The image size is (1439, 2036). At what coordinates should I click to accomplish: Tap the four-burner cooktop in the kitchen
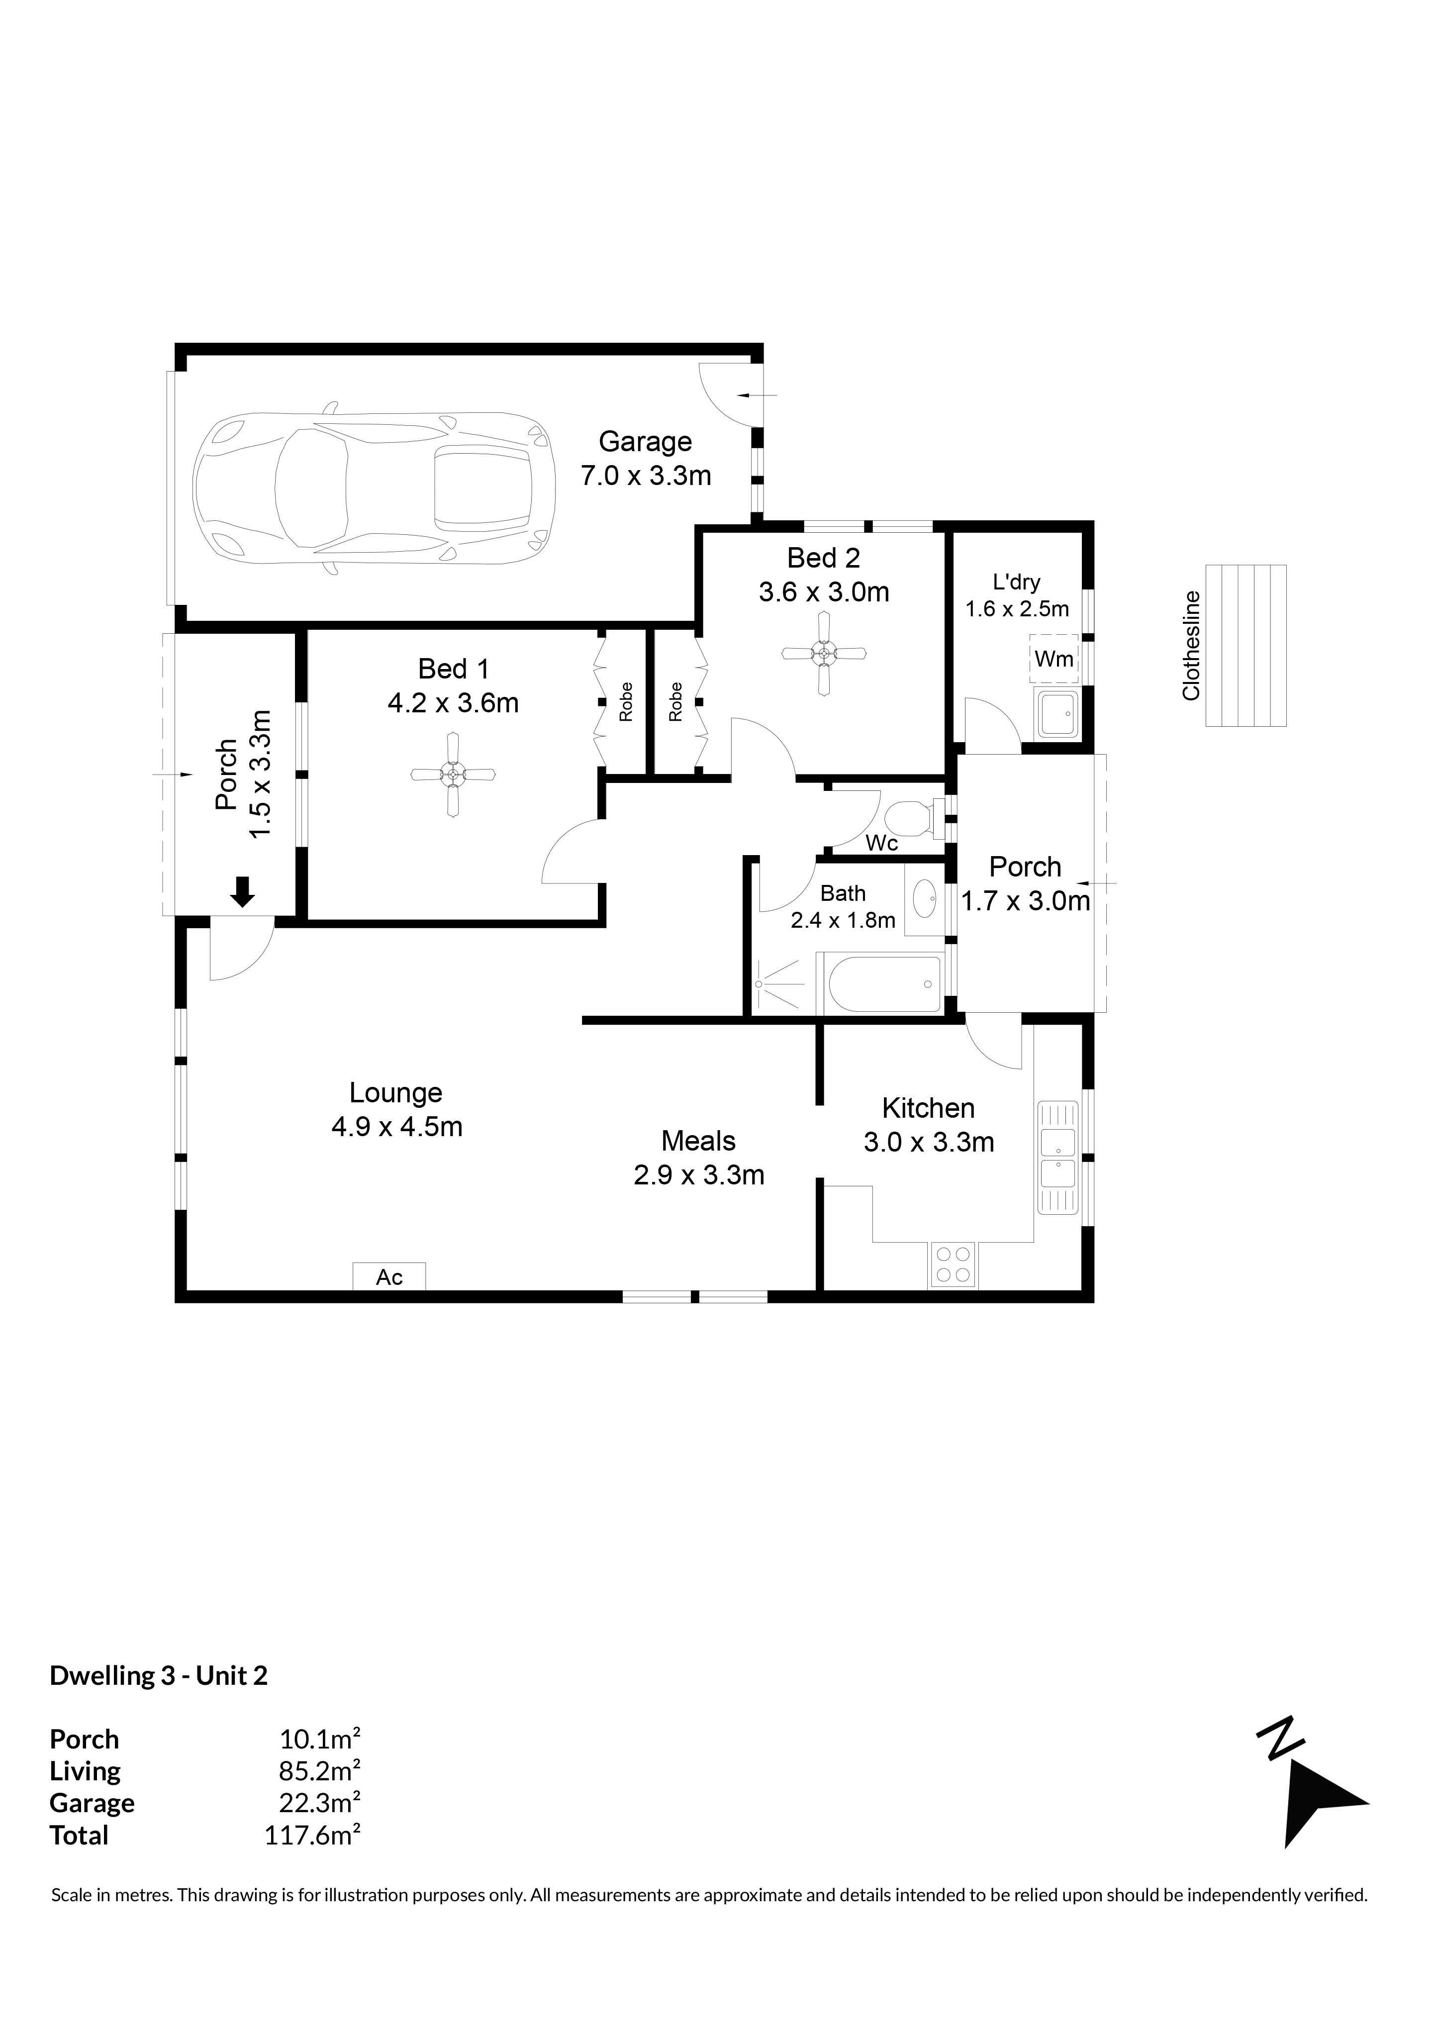tap(952, 1264)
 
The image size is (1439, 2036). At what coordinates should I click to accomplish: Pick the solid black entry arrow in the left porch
tap(242, 891)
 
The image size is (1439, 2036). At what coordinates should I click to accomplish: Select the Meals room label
tap(699, 1141)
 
